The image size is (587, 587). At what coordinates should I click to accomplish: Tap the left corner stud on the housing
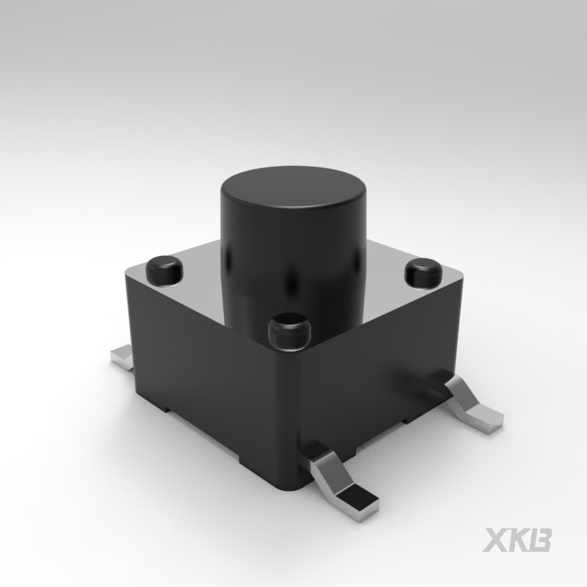tap(164, 268)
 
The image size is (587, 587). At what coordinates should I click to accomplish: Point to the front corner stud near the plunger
tap(290, 332)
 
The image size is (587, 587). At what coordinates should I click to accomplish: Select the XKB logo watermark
tap(517, 539)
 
